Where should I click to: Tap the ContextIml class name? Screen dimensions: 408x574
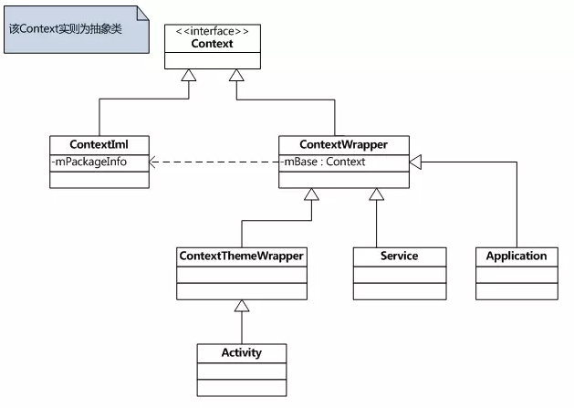tap(99, 145)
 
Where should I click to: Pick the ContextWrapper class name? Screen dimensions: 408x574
tap(343, 145)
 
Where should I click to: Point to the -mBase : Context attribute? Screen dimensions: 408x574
tap(323, 162)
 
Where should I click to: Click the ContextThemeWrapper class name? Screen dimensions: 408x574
tap(242, 256)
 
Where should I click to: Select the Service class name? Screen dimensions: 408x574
tap(399, 256)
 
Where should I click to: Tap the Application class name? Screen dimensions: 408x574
tap(517, 256)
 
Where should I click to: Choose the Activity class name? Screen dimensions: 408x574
tap(242, 352)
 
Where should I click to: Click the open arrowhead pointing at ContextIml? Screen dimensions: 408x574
tap(155, 162)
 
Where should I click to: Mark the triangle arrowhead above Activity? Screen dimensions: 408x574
tap(242, 306)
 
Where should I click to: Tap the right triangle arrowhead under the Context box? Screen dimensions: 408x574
tap(235, 76)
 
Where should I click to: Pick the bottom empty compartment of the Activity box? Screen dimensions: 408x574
tap(242, 388)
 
